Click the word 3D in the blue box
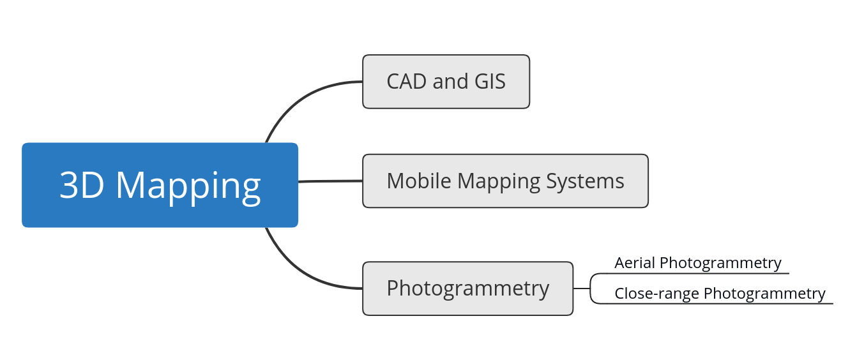coord(82,186)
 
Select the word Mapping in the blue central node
coord(188,187)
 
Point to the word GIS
coord(489,82)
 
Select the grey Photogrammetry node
coord(467,289)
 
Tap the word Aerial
coord(635,262)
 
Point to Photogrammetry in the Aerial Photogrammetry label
coord(720,263)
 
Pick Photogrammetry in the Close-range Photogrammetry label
coord(764,294)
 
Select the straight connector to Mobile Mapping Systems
coord(330,181)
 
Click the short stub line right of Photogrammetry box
coord(581,289)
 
